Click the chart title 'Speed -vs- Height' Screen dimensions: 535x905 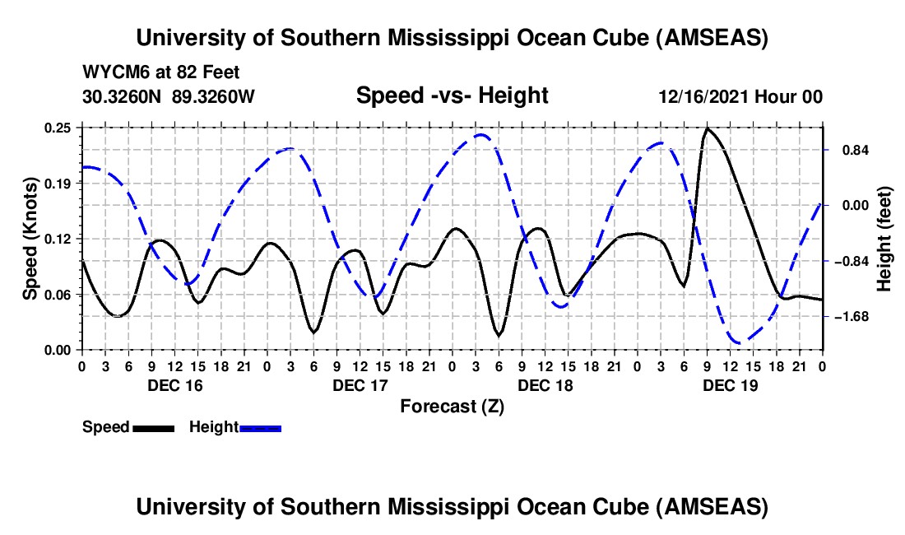452,96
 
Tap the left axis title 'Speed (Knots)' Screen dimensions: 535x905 30,238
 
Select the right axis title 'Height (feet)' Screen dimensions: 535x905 884,238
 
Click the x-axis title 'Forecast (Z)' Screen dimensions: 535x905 452,406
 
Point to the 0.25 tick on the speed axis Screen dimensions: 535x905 58,128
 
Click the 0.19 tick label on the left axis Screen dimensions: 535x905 58,183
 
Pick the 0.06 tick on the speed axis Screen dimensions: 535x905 58,294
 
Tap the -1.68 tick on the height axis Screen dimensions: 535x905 850,317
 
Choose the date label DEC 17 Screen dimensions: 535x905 360,385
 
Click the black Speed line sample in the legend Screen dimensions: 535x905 153,428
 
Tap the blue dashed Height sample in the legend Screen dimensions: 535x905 261,428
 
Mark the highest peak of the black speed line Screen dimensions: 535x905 707,128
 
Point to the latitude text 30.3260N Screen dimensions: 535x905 123,96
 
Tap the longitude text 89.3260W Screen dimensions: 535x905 214,96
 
